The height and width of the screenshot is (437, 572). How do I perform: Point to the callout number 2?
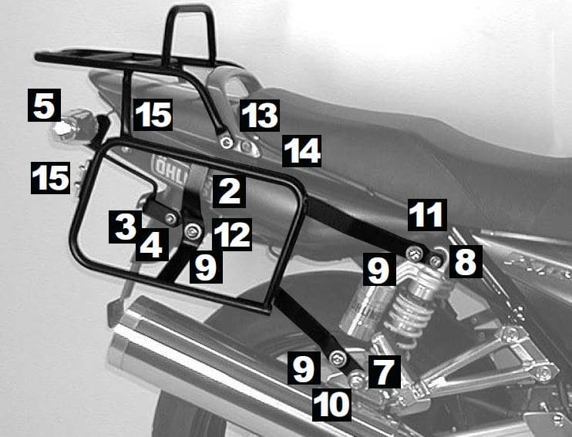click(x=229, y=189)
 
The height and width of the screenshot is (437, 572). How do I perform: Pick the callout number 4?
click(x=151, y=246)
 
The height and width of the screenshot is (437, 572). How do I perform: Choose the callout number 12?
click(x=232, y=233)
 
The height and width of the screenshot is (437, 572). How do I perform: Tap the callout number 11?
click(x=427, y=215)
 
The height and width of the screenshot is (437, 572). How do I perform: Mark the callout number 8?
click(x=465, y=261)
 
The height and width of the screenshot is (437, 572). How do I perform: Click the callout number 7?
click(x=383, y=371)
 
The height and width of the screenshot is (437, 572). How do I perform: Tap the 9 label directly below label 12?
click(x=204, y=267)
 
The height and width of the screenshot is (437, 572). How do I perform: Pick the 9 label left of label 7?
click(x=303, y=368)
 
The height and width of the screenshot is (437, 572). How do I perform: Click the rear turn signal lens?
click(x=64, y=127)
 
